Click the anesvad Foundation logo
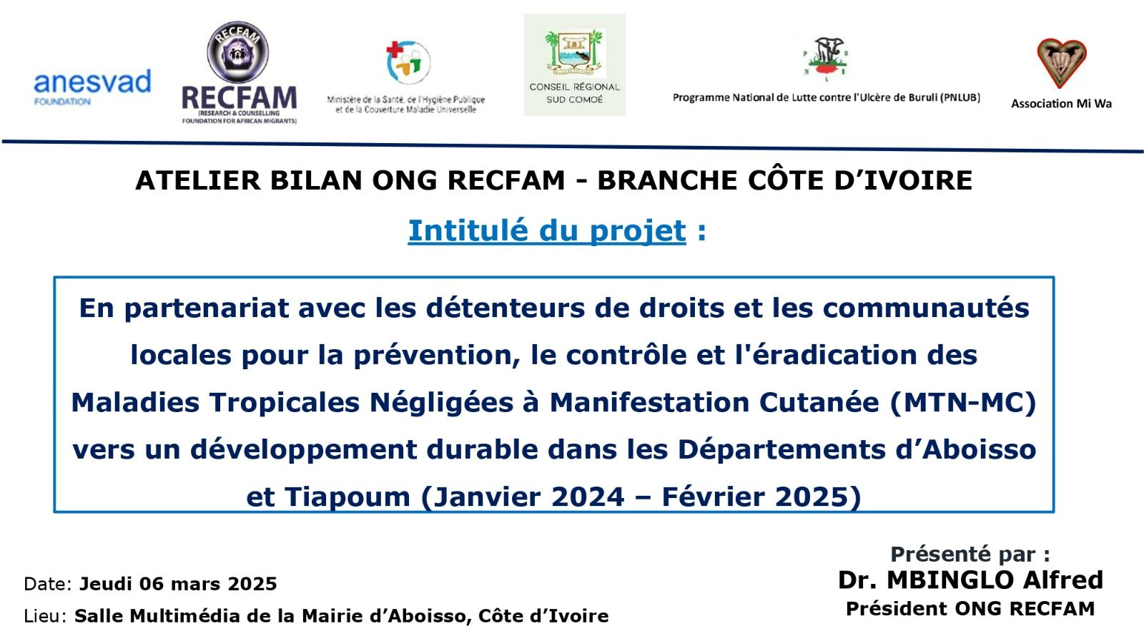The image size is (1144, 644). tap(92, 87)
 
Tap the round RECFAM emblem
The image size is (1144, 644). tap(237, 52)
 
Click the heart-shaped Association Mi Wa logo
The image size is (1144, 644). tap(1061, 62)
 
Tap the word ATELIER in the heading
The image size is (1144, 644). tap(197, 180)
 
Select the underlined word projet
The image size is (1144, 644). tap(637, 231)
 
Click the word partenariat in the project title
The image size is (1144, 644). tap(207, 308)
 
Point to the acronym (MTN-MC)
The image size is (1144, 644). tap(963, 402)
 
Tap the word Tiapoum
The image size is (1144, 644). tap(347, 497)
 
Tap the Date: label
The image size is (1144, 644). tap(47, 584)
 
